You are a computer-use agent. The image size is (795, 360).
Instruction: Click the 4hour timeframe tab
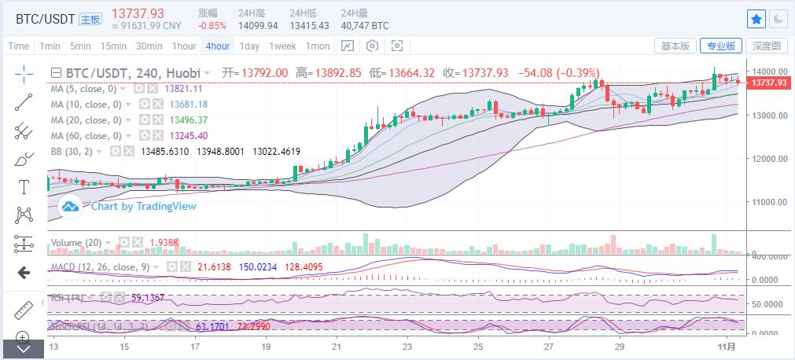[218, 46]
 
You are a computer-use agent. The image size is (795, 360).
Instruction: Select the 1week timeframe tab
[282, 46]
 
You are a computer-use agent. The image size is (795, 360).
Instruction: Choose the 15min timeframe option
[113, 46]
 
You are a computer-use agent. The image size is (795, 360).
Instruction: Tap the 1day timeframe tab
[249, 46]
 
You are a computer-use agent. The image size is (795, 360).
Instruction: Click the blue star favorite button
[756, 18]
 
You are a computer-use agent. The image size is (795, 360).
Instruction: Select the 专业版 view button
[721, 46]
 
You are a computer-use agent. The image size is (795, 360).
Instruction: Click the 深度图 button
[765, 46]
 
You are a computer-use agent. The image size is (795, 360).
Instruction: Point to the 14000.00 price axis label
[767, 72]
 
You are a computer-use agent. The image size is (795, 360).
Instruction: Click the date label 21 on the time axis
[337, 346]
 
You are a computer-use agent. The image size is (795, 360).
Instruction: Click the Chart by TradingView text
[143, 207]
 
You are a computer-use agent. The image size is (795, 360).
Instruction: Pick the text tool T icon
[23, 186]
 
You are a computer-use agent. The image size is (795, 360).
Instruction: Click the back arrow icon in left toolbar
[23, 272]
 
